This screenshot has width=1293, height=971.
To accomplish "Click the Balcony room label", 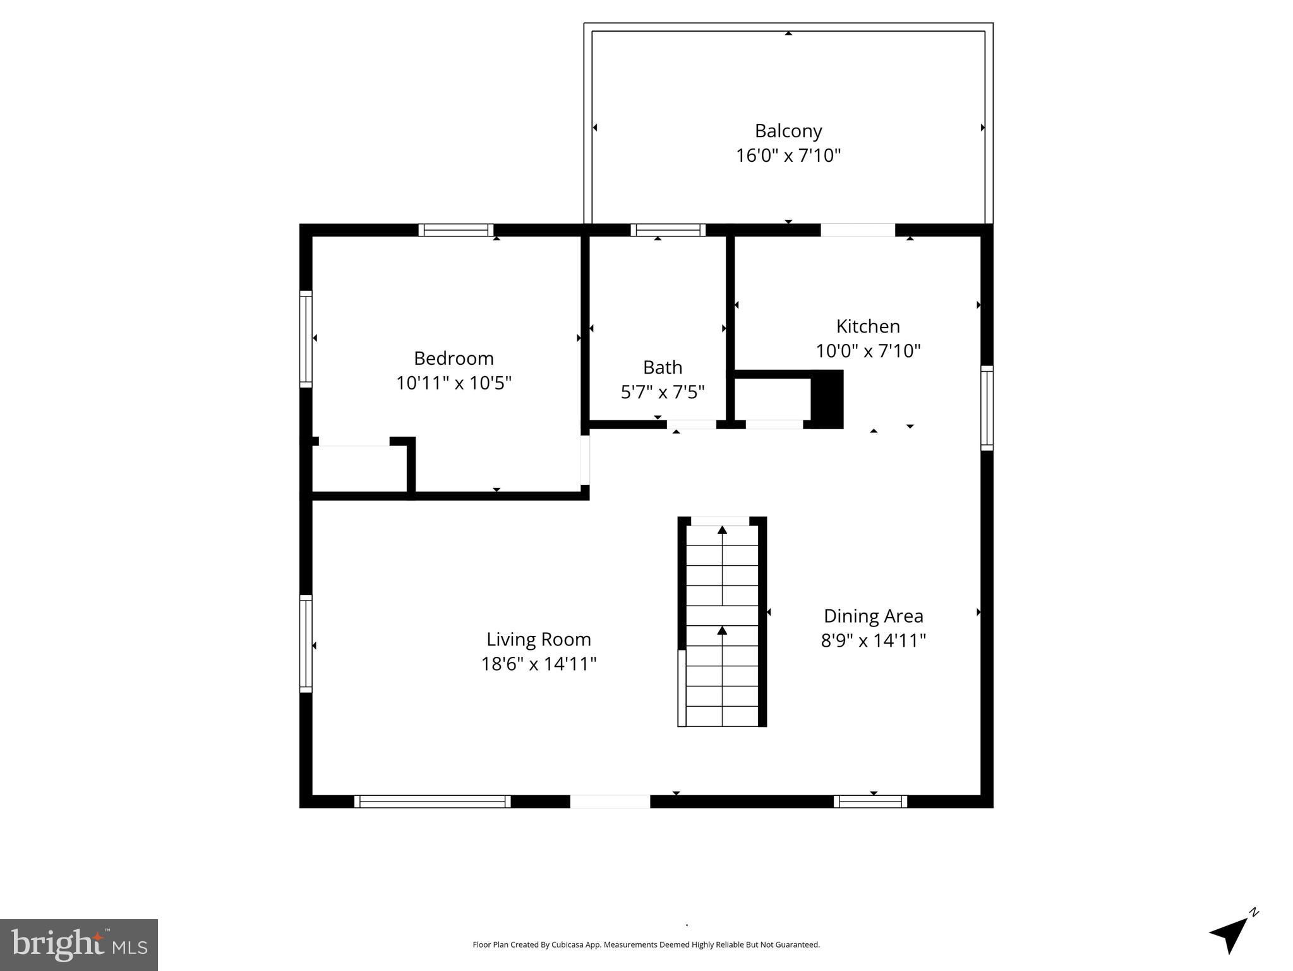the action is tap(788, 131).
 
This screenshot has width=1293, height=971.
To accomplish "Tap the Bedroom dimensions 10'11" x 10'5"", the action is tap(454, 383).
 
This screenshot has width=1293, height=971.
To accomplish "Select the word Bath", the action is tap(663, 367).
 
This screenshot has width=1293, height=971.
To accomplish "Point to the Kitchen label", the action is tap(868, 326).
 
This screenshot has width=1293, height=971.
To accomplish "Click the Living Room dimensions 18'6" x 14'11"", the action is tap(539, 664).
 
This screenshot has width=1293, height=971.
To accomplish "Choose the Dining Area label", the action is tap(874, 616).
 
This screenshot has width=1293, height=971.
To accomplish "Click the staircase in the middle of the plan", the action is tap(722, 621).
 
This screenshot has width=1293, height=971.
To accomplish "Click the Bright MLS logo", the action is tap(79, 944).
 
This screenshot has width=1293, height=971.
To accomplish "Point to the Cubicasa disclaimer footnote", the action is tap(646, 944).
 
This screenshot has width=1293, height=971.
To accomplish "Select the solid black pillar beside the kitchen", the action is tap(827, 400).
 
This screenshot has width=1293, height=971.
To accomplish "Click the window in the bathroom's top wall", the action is tap(668, 230).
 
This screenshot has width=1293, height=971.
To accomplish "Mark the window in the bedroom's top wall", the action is tap(455, 230).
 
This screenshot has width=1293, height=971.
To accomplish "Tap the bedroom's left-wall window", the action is tap(306, 339).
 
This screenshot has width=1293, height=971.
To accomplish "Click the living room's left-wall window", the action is tap(306, 643).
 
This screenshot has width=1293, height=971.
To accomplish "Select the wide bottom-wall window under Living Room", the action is tap(433, 802).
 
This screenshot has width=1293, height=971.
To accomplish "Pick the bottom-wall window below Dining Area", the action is tap(870, 802).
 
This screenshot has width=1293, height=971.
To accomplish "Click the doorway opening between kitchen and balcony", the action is tap(858, 230).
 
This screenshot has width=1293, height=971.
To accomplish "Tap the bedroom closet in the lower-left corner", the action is tap(359, 468).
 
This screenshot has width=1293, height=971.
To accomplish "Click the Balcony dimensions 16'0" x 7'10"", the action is tap(788, 156).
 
